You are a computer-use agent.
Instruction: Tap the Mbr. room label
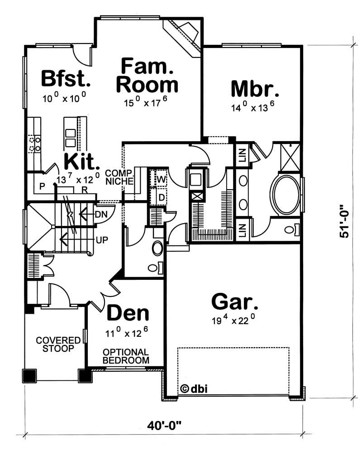pos(255,88)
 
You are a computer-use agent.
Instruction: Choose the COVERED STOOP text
pos(55,344)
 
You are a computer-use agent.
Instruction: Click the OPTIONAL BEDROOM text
pos(125,356)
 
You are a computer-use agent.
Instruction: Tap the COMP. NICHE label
pos(119,177)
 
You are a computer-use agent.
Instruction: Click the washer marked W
pos(160,178)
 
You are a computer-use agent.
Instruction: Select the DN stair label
pos(100,214)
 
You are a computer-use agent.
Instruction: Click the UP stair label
pos(101,239)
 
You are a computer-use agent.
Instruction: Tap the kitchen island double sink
pos(71,138)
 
